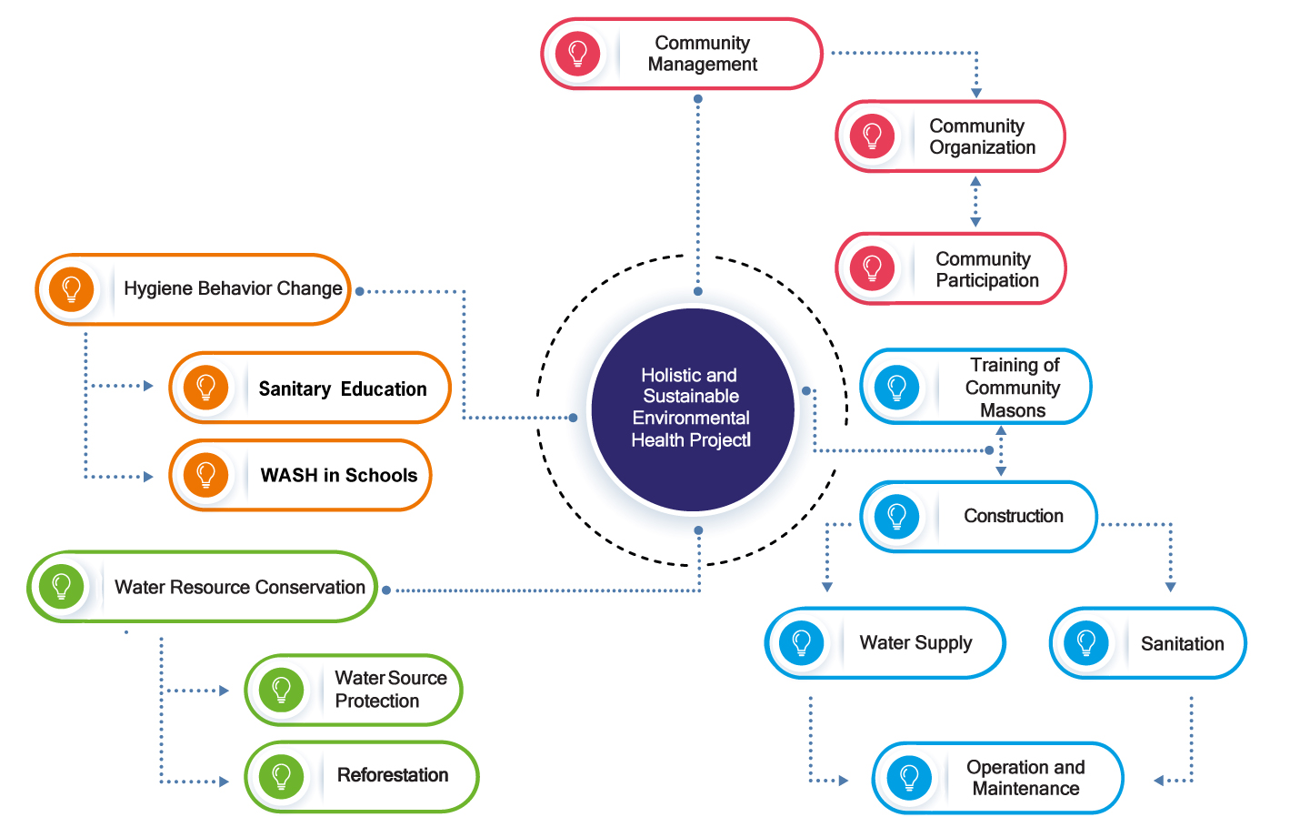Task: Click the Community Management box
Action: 682,54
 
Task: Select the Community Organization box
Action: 950,136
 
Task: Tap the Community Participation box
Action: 950,269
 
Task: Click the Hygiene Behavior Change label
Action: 233,289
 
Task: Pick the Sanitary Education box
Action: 310,388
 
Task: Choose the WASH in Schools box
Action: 300,475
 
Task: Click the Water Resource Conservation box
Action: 202,587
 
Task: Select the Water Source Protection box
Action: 354,690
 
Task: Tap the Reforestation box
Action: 362,776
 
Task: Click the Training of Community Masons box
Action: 975,387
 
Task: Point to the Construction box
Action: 978,517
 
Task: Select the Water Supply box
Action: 885,643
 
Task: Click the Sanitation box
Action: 1147,643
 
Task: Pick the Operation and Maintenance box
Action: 997,778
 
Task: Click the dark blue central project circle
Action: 693,408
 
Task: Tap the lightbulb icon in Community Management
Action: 577,53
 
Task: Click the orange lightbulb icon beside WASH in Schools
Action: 206,475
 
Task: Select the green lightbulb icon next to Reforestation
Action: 282,776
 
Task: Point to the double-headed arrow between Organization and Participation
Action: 975,202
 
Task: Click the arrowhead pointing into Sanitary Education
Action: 148,386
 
